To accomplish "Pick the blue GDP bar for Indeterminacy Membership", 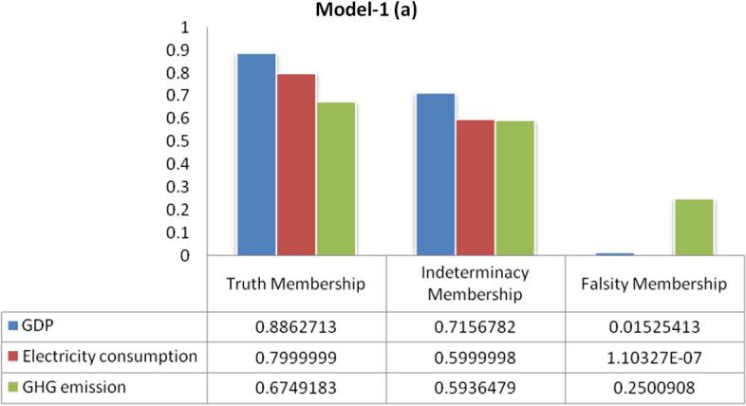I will coord(436,175).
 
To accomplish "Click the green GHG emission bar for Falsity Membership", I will coord(694,228).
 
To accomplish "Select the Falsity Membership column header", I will coord(654,284).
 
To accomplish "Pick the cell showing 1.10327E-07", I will coord(654,356).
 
